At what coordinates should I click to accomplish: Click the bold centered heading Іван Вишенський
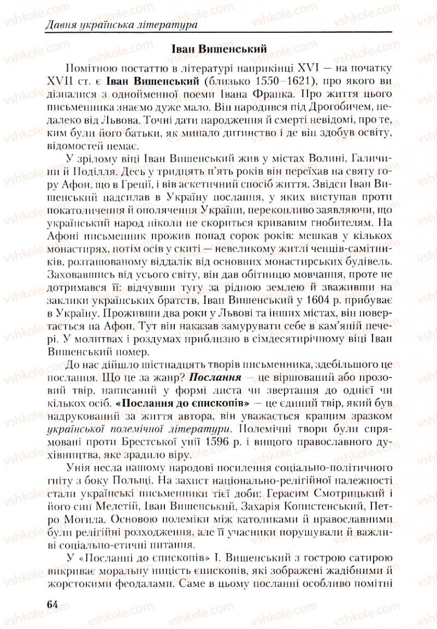point(218,49)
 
